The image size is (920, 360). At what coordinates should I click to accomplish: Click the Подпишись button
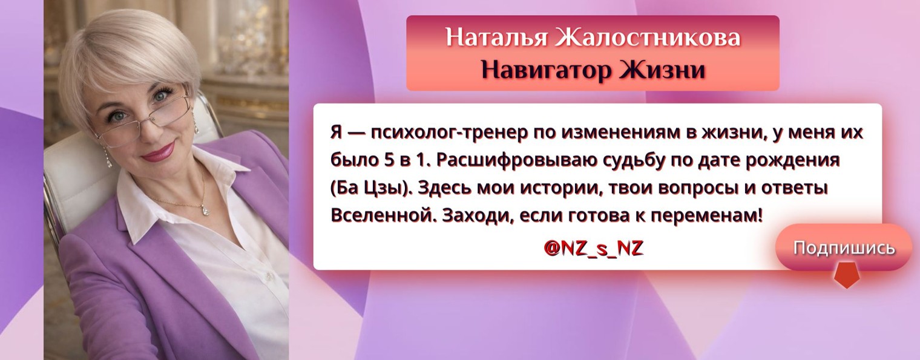844,247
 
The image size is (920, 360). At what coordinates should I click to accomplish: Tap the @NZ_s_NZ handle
593,249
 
